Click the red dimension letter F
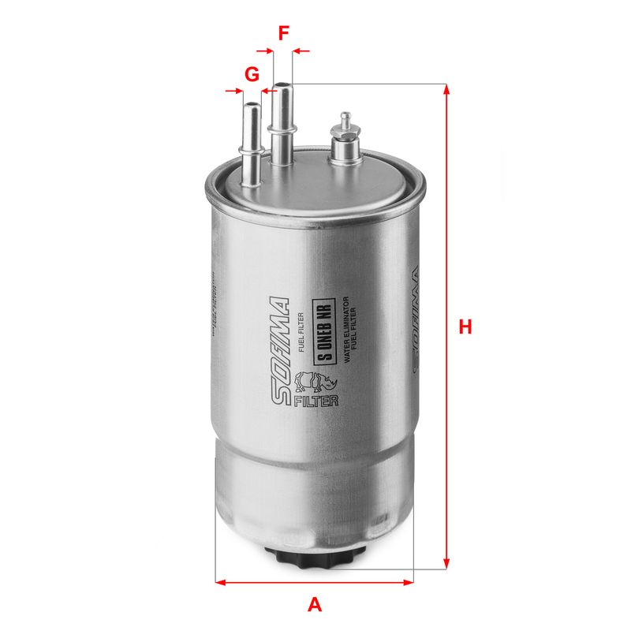point(283,33)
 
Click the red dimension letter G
point(252,75)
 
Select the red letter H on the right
point(465,327)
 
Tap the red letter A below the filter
point(315,605)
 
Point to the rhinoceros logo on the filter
point(310,384)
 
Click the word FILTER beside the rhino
point(315,401)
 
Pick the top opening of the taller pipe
point(282,84)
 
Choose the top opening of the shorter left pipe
point(252,105)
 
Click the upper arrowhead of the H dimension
point(447,89)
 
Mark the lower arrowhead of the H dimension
point(447,563)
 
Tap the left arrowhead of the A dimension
point(221,583)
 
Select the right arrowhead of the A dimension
point(409,583)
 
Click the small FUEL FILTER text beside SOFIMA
point(302,332)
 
